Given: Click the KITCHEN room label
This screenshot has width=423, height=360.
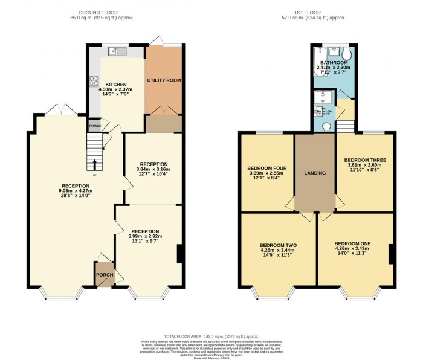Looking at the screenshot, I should point(116,85).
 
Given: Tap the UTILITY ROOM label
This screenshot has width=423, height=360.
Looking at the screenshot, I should point(164,80).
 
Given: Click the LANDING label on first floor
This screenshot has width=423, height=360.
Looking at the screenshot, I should point(315,173).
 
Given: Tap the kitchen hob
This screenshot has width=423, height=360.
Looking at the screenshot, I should point(95,80).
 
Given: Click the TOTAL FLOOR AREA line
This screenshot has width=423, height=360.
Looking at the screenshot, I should point(211,336).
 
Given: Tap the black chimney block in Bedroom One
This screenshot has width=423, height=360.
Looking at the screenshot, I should point(391,254).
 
